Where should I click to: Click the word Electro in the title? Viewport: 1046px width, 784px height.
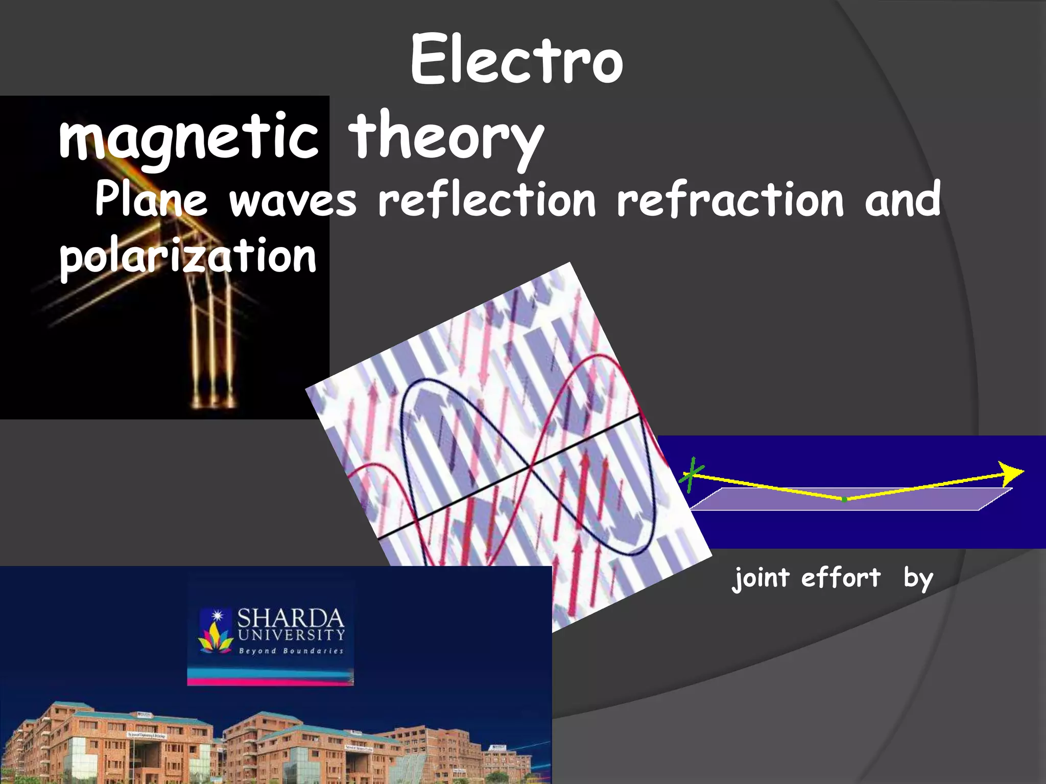coord(516,60)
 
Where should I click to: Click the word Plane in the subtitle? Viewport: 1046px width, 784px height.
coord(151,199)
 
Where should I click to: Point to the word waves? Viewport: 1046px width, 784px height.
coord(293,200)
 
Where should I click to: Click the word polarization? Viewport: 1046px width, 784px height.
coord(188,256)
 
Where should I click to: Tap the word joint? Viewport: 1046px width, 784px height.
coord(761,579)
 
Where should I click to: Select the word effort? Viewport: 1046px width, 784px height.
coord(841,578)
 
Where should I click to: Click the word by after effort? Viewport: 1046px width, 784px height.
coord(918,579)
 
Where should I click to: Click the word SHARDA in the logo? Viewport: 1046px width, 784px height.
coord(291,619)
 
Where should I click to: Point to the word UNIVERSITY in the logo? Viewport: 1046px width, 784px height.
coord(291,635)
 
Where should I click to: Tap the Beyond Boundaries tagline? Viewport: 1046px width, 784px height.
coord(291,651)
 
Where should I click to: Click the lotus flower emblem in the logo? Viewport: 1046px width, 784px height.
coord(216,638)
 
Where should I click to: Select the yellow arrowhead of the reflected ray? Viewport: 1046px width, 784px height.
coord(1010,474)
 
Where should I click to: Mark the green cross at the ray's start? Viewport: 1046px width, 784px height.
coord(692,475)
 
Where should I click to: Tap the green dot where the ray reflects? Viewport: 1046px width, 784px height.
coord(844,499)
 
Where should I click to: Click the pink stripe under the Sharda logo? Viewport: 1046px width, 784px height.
coord(270,681)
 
